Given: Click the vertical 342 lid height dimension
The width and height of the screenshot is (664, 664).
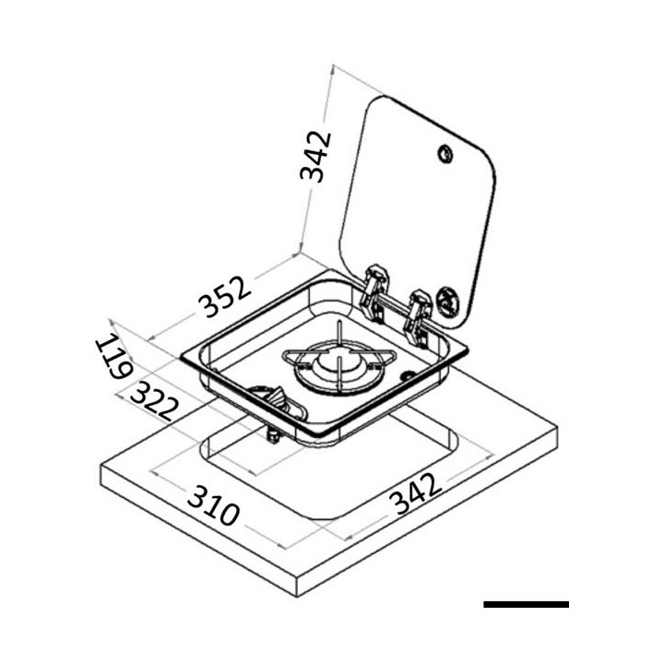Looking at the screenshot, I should (317, 158).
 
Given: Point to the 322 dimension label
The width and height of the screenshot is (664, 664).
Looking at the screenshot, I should (153, 398).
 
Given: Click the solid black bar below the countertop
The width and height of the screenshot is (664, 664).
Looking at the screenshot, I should (526, 604).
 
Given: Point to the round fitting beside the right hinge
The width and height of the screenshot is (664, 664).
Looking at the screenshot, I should (449, 302).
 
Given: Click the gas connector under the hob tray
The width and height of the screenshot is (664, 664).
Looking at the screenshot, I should (273, 436).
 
